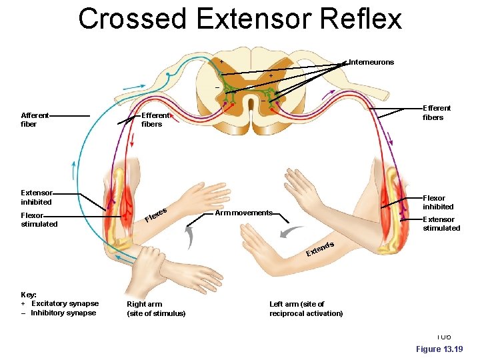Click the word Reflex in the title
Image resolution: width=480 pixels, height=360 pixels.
[x=361, y=19]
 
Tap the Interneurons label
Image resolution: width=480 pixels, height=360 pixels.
[x=371, y=62]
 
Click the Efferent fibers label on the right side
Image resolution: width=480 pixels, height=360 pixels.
[x=437, y=113]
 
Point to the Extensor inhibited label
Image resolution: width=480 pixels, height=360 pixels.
[x=36, y=197]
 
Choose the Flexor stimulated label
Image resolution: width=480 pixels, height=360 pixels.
[x=39, y=219]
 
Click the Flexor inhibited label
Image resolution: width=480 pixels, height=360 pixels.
[x=438, y=202]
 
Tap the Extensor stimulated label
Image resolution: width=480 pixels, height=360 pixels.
[x=441, y=223]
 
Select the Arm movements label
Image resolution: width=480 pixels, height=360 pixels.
[x=243, y=213]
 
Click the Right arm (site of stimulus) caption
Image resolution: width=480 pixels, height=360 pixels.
[x=156, y=309]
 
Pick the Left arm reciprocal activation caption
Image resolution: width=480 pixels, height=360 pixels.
[x=305, y=309]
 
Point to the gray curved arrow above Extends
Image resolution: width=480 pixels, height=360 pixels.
[x=291, y=232]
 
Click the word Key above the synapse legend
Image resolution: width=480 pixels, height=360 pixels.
[x=29, y=294]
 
